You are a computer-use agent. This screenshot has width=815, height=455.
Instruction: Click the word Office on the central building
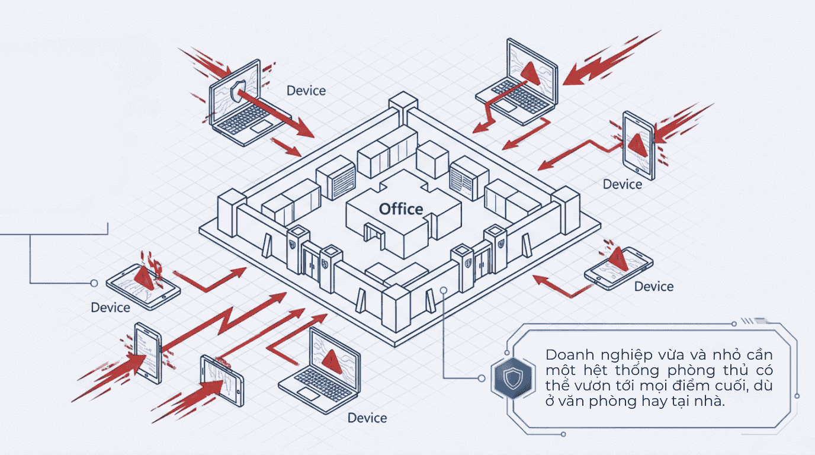[401, 209]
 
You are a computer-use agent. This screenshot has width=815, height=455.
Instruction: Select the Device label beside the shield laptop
[306, 91]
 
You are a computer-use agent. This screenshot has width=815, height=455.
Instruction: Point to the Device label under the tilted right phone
[622, 184]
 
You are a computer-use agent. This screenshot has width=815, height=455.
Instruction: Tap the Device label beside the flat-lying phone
[654, 286]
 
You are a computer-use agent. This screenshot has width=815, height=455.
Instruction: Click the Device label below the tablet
[110, 307]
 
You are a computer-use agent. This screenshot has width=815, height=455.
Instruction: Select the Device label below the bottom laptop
[367, 418]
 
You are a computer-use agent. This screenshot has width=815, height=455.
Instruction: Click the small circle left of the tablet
[94, 283]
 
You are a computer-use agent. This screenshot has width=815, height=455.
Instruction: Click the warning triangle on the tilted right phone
[636, 144]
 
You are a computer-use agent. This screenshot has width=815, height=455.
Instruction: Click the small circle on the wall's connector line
[444, 290]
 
